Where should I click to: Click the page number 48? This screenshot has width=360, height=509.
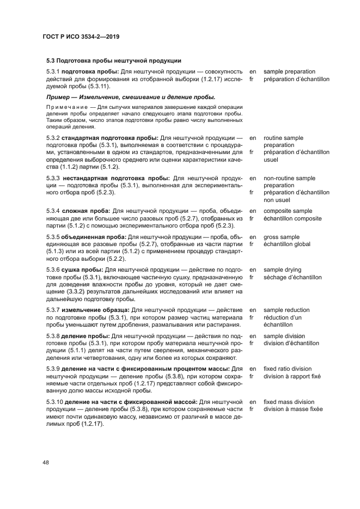[x=45, y=463]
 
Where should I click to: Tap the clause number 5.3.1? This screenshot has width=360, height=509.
[x=53, y=72]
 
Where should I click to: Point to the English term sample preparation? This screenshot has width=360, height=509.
[x=289, y=72]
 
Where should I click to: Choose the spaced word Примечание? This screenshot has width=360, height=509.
[x=68, y=107]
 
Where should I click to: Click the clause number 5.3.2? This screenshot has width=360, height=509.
[x=53, y=138]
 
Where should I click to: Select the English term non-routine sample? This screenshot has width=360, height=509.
[x=289, y=178]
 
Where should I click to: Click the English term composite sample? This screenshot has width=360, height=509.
[x=288, y=211]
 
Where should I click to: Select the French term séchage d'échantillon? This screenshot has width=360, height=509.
[x=292, y=277]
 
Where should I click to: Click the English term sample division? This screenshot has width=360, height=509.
[x=285, y=336]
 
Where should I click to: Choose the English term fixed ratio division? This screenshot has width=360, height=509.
[x=288, y=369]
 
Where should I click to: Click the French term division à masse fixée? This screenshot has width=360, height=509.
[x=293, y=409]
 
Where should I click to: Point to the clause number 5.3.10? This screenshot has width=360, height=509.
[x=54, y=402]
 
